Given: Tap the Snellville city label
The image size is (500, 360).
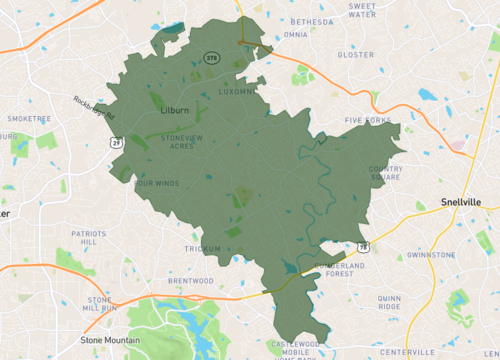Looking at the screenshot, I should pos(460,202).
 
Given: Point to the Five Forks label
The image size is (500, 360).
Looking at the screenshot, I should pos(368,120).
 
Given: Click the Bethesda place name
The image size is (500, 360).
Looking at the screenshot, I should pos(312,21).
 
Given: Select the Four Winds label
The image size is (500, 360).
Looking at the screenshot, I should pos(156,183).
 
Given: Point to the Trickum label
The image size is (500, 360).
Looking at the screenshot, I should pos(201,248).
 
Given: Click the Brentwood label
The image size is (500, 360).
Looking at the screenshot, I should pos(191,281).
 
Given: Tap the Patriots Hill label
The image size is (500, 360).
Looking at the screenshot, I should pos(88,237).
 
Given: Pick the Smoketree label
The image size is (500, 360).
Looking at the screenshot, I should pos(29,118).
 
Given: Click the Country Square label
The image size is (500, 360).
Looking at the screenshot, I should pos(385,173).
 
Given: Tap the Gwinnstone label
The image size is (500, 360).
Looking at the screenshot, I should pos(431,255).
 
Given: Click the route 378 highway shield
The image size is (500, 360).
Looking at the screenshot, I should pos(211,59).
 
